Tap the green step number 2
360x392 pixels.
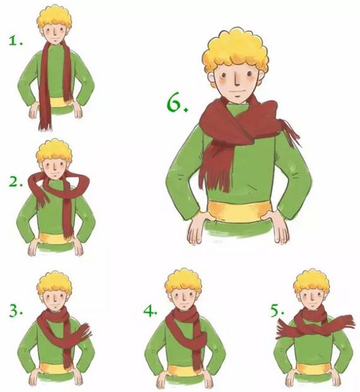coord(15,181)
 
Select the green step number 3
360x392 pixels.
coord(16,310)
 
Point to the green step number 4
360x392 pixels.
coord(150,310)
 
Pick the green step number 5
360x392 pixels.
coord(277,310)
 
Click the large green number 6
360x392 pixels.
coord(176,102)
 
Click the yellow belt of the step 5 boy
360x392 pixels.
coord(313,368)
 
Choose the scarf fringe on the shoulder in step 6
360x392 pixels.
coord(291,133)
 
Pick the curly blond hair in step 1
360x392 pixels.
coord(54,17)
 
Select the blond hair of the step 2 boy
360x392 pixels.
coord(54,150)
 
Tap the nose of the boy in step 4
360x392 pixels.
coord(184,298)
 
